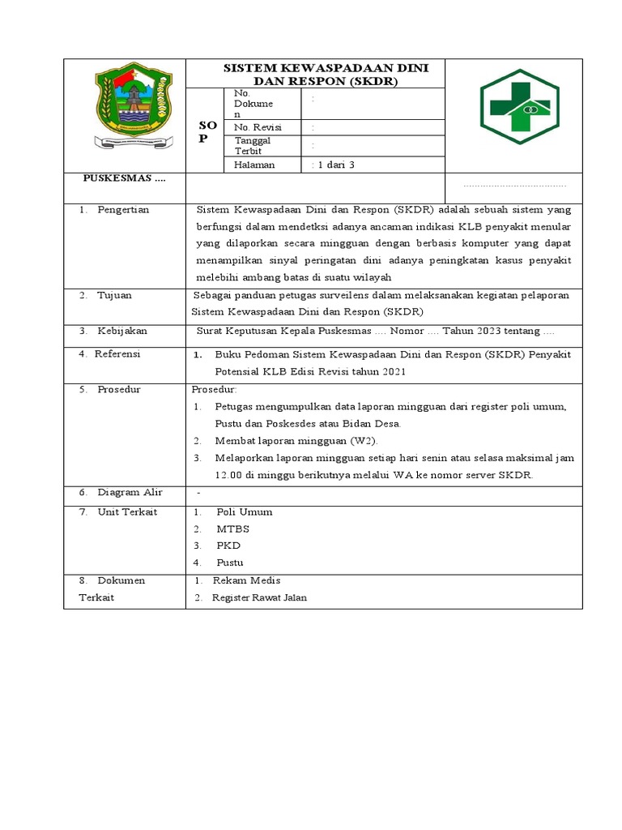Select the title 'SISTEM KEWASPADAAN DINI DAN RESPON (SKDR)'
(316, 74)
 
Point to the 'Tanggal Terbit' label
(252, 145)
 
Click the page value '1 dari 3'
(334, 165)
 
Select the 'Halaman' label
(254, 165)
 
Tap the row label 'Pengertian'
(123, 209)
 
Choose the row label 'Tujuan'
(114, 295)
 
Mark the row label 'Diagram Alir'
(130, 492)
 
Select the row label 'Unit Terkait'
(127, 511)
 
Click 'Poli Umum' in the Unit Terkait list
(245, 511)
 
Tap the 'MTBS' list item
(233, 528)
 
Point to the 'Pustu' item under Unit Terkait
(230, 563)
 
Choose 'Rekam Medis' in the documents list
(241, 580)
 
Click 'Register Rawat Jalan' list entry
(259, 598)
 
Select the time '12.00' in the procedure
(229, 475)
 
